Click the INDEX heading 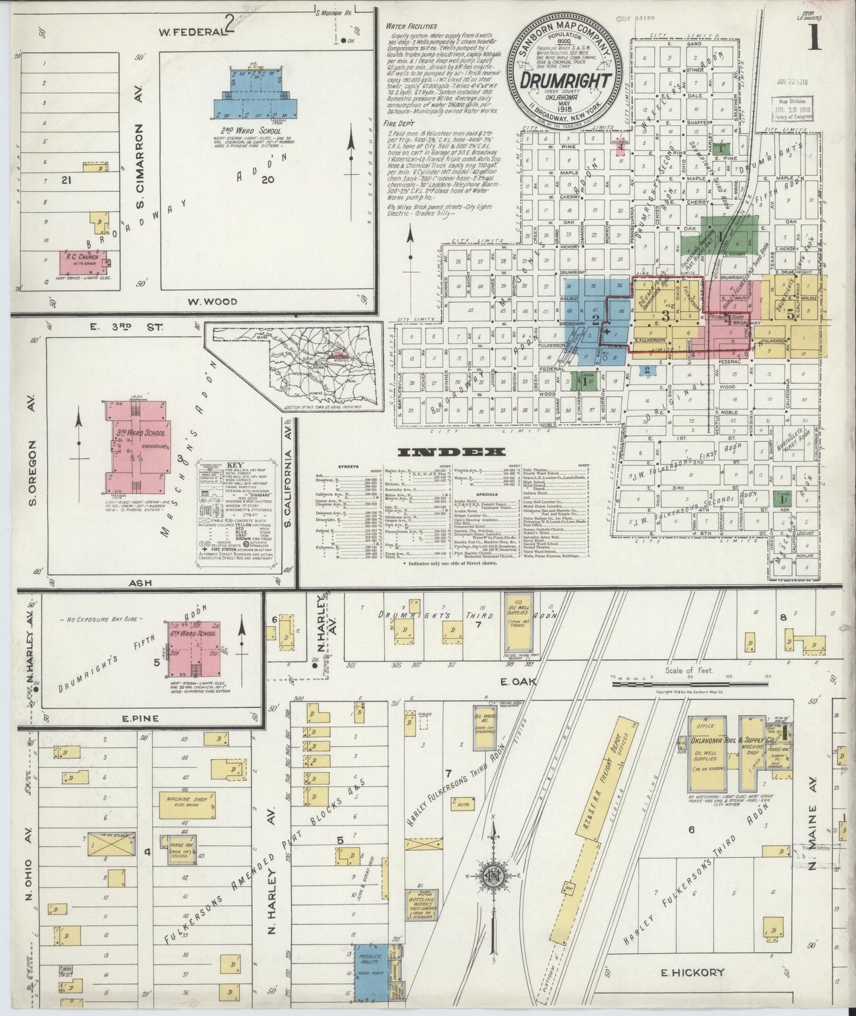coord(452,452)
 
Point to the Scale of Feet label coord(690,670)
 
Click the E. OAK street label coord(520,682)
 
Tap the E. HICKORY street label coord(690,973)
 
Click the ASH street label coord(140,583)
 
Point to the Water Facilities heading coord(411,26)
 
